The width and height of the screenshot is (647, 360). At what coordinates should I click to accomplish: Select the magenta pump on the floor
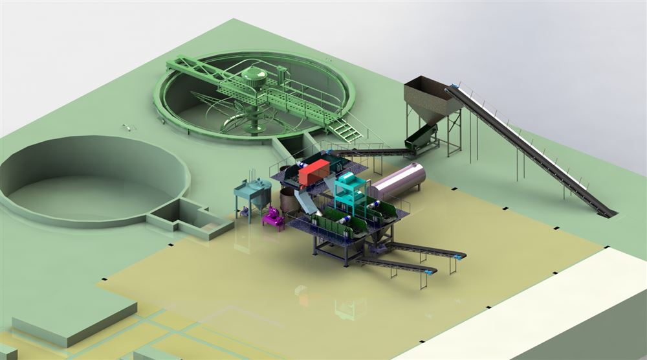tap(274, 218)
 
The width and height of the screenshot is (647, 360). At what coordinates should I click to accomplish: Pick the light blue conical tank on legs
tap(253, 194)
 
